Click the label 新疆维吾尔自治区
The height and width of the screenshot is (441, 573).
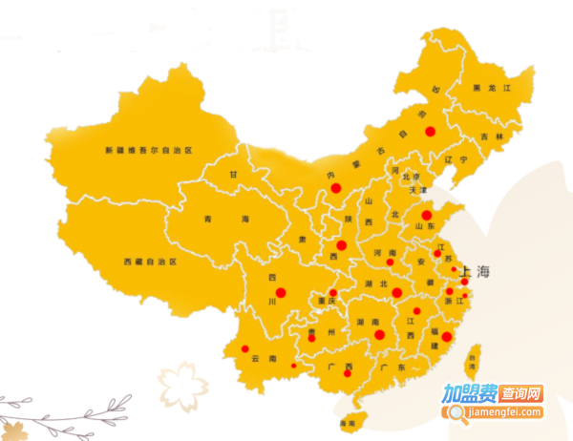click(148, 151)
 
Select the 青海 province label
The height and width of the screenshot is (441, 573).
click(225, 220)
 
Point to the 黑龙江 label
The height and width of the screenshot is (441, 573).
click(493, 88)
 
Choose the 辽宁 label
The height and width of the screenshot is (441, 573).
click(456, 159)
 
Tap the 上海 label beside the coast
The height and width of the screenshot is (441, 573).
click(475, 272)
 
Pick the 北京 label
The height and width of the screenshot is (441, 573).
click(412, 177)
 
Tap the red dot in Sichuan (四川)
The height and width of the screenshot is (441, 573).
click(281, 292)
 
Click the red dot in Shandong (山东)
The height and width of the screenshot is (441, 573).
click(427, 215)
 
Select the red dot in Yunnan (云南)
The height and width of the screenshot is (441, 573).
click(244, 348)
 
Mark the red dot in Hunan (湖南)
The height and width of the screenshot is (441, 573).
click(379, 334)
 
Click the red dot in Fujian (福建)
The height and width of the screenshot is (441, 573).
click(446, 336)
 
